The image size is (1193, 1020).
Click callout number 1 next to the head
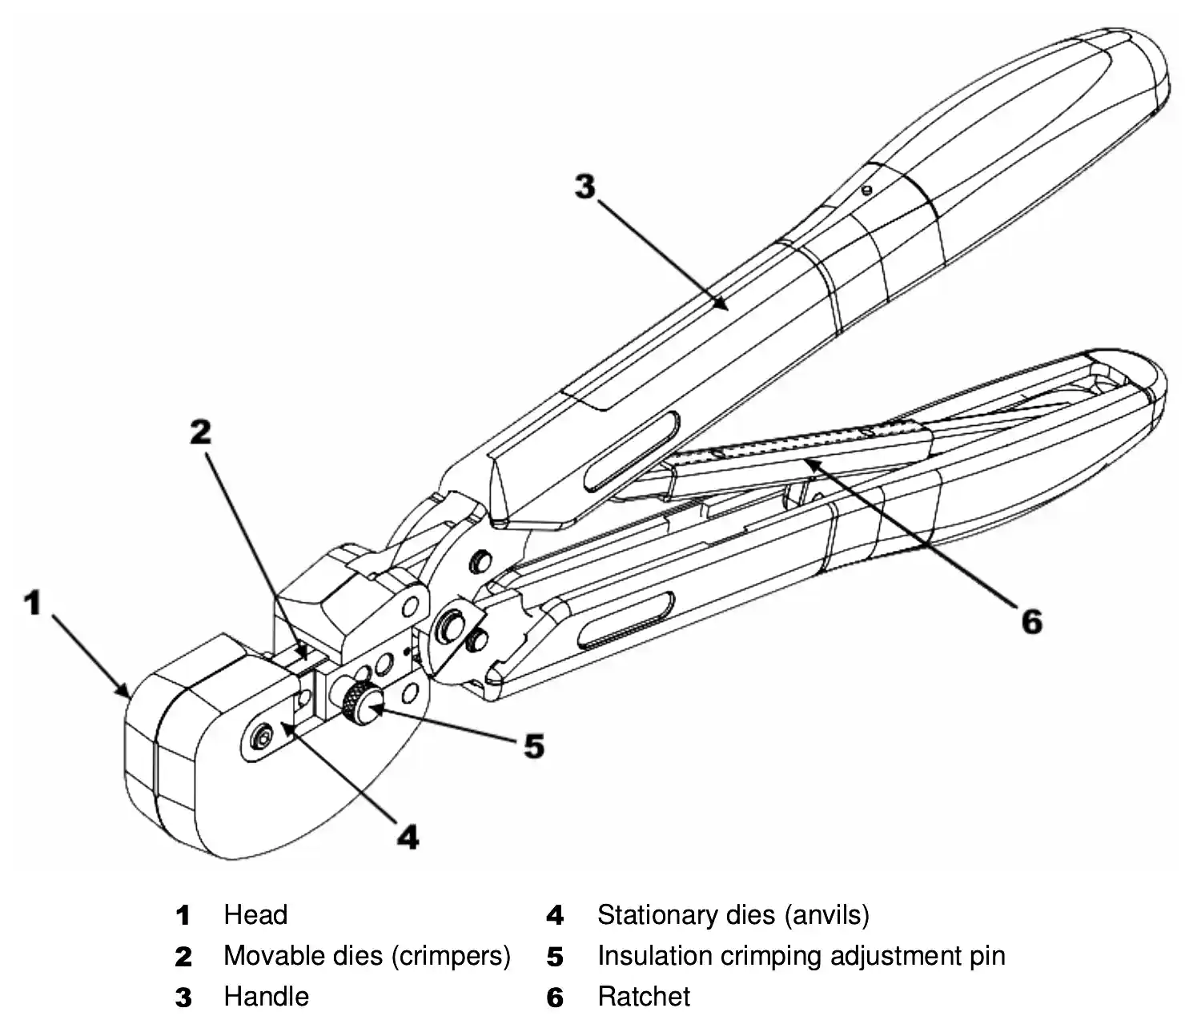click(x=32, y=602)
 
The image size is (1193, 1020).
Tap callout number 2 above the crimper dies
click(x=201, y=432)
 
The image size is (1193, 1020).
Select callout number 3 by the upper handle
click(x=585, y=187)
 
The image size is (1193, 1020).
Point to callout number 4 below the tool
click(x=408, y=837)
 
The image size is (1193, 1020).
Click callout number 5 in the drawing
click(x=533, y=746)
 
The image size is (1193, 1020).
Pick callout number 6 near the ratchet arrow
click(x=1031, y=620)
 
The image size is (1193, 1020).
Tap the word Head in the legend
click(x=255, y=914)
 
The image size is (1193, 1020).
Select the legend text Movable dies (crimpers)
click(x=367, y=955)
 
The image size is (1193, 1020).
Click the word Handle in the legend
click(x=266, y=997)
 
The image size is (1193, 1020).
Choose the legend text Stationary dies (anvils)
click(x=733, y=914)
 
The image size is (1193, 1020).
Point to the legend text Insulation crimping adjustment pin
click(x=801, y=955)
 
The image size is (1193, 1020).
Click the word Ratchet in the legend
click(x=644, y=997)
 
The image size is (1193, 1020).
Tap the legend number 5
click(x=555, y=957)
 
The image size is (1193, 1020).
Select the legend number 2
click(x=183, y=957)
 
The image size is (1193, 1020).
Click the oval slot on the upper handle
click(x=632, y=451)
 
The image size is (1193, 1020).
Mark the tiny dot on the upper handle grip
click(x=866, y=191)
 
